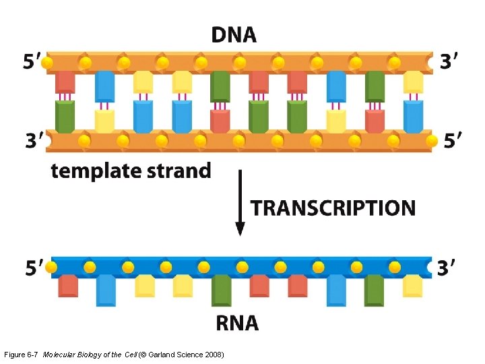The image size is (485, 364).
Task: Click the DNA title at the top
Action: pos(234,34)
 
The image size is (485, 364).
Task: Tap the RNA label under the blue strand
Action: pos(236,323)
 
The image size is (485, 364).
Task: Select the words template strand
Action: pos(131,171)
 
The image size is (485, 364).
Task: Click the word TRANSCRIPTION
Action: pos(333,208)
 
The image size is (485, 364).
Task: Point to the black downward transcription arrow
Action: pos(239,202)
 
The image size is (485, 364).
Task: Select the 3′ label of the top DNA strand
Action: pos(451,62)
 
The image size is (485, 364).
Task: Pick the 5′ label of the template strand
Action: pos(453,141)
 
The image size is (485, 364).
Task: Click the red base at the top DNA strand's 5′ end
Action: pos(65,82)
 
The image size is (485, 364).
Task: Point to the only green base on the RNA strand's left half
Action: pos(221,290)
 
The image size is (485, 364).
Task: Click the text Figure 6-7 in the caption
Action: pos(21,355)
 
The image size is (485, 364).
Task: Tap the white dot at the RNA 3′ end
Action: pos(430,268)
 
